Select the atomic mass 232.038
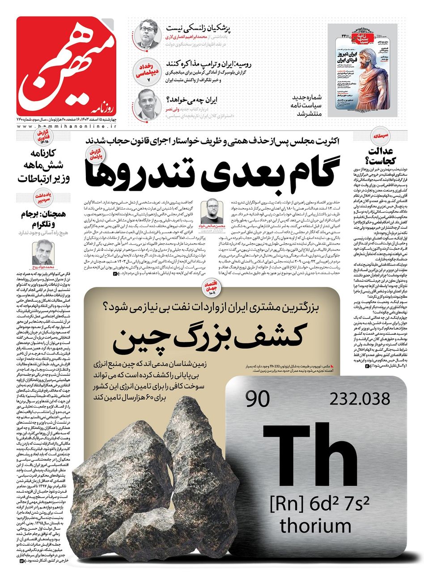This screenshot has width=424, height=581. pyautogui.click(x=359, y=399)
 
